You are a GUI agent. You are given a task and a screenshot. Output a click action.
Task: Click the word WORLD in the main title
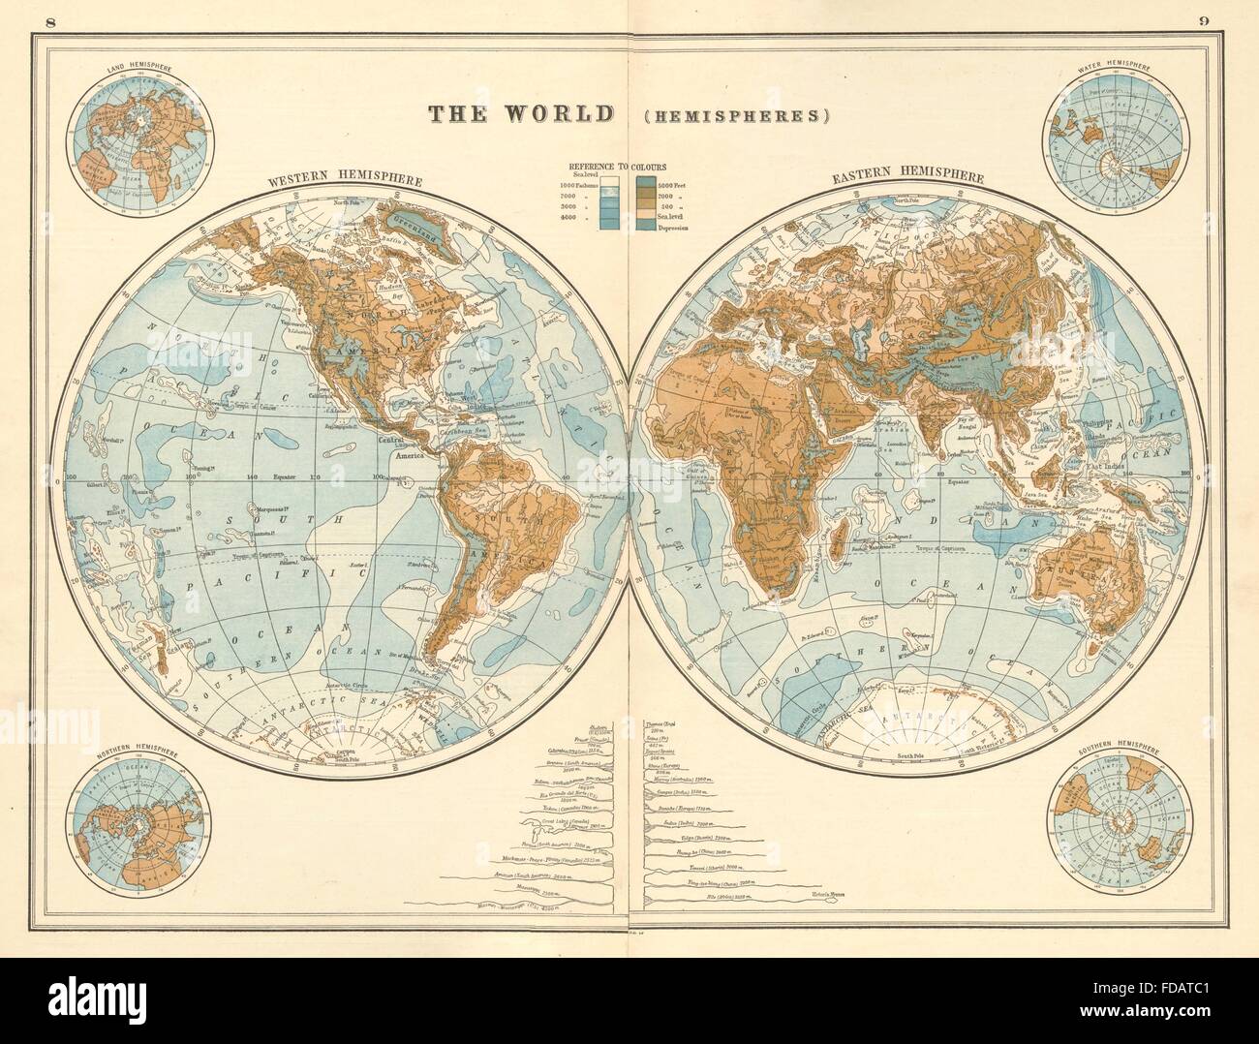[557, 113]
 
